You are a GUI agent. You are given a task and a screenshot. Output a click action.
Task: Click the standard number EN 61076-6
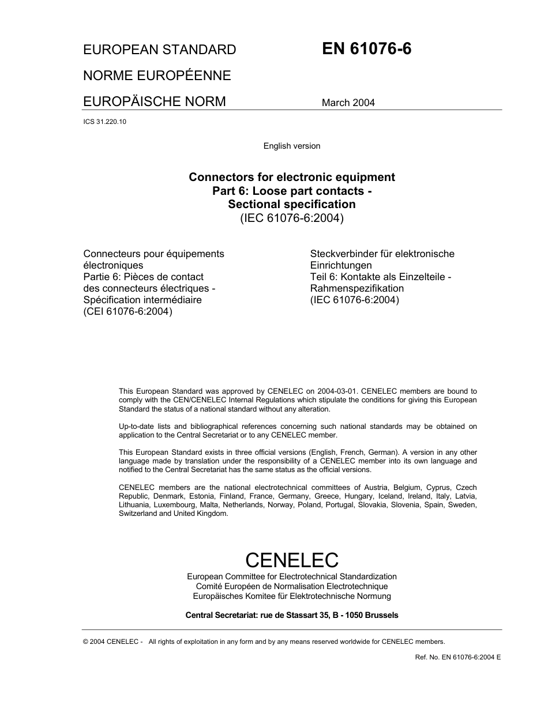click(366, 49)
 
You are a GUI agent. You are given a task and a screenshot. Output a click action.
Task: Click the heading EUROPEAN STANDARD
click(160, 50)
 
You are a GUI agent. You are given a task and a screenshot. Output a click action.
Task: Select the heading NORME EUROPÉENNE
click(157, 76)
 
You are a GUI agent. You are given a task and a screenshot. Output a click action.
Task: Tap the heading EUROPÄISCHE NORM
click(155, 101)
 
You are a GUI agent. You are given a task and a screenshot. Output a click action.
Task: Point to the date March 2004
click(348, 103)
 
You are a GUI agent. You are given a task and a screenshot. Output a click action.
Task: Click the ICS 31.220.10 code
click(104, 122)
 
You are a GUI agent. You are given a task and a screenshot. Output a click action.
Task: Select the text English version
click(291, 146)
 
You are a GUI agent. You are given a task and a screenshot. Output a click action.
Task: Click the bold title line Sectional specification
click(291, 204)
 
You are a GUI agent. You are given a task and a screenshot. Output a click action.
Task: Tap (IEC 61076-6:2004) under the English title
click(291, 218)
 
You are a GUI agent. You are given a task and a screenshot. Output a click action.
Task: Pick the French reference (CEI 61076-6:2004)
click(128, 311)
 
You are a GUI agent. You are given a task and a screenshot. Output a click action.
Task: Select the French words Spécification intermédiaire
click(142, 300)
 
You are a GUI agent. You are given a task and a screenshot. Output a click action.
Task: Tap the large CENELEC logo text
click(291, 559)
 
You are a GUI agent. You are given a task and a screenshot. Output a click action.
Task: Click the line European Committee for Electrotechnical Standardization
click(291, 576)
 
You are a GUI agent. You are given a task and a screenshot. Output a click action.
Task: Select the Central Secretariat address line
click(291, 615)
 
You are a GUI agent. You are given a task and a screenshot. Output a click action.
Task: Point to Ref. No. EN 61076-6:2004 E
click(457, 657)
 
